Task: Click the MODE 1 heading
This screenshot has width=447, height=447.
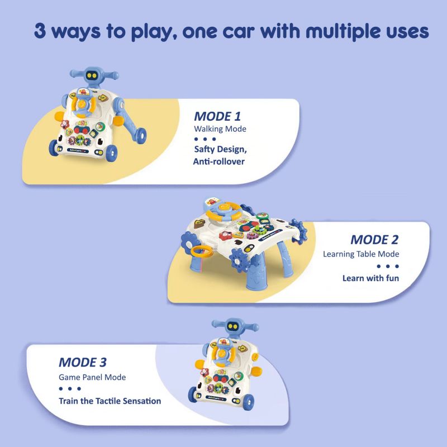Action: [x=217, y=116]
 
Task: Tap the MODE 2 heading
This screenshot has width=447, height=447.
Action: [x=374, y=240]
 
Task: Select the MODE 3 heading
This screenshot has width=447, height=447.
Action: [x=83, y=362]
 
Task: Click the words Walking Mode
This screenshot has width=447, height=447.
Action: [x=220, y=129]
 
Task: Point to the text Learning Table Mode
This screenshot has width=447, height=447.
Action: [x=361, y=254]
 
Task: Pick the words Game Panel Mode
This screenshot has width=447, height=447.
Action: [x=92, y=377]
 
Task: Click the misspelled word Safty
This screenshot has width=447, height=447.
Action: [x=205, y=149]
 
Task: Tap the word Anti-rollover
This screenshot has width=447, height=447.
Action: [x=219, y=161]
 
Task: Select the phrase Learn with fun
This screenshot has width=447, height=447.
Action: [x=370, y=278]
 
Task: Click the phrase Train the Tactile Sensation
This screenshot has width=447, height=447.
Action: [x=110, y=401]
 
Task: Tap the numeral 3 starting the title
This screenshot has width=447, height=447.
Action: [x=40, y=31]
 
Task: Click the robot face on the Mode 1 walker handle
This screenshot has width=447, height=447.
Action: [x=92, y=75]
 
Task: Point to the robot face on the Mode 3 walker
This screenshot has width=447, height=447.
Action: [x=233, y=326]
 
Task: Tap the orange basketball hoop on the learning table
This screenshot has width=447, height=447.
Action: [x=202, y=251]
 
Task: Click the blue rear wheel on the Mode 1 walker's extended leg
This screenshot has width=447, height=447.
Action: [x=141, y=135]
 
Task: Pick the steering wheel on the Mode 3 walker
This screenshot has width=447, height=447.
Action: [x=223, y=353]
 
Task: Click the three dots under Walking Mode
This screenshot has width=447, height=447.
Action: [x=205, y=139]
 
